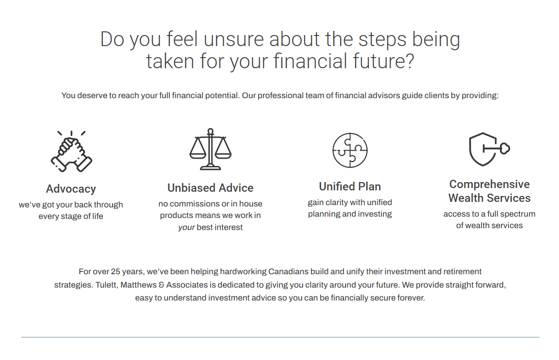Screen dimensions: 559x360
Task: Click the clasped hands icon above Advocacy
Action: coord(71,151)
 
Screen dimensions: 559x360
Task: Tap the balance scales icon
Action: coord(210,149)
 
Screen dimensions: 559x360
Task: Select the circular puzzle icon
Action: coord(350,150)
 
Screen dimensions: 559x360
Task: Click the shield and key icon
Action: coord(489,149)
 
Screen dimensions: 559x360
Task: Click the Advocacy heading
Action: coord(71,189)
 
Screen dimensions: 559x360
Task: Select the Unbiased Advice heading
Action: coord(210,188)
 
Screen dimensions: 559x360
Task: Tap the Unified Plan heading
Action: coord(350,186)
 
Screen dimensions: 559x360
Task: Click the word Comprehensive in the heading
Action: coord(489,184)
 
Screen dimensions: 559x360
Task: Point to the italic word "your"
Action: coord(186,228)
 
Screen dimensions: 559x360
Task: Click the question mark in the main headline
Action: coord(410,61)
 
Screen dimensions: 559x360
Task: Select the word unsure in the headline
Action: coord(234,39)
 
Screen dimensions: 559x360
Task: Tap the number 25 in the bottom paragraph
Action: coord(116,271)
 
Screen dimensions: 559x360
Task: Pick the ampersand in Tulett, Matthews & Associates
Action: coord(161,285)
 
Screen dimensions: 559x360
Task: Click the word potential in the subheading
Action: coord(221,95)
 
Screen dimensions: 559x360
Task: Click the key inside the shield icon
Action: coord(496,148)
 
